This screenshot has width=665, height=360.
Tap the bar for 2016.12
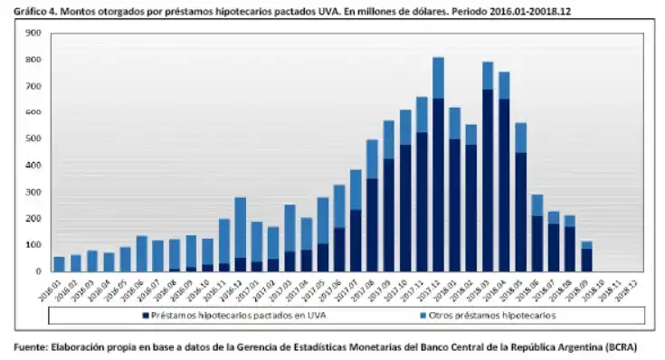(x=240, y=235)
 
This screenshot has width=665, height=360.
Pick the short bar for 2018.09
(x=586, y=258)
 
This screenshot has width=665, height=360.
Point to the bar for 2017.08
(x=372, y=208)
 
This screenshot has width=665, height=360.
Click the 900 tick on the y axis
(x=33, y=33)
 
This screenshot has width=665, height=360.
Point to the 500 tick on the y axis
(x=33, y=139)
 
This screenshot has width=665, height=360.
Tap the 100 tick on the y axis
(x=33, y=245)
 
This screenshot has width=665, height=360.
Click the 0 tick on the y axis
(x=38, y=271)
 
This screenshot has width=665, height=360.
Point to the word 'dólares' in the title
(x=381, y=10)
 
